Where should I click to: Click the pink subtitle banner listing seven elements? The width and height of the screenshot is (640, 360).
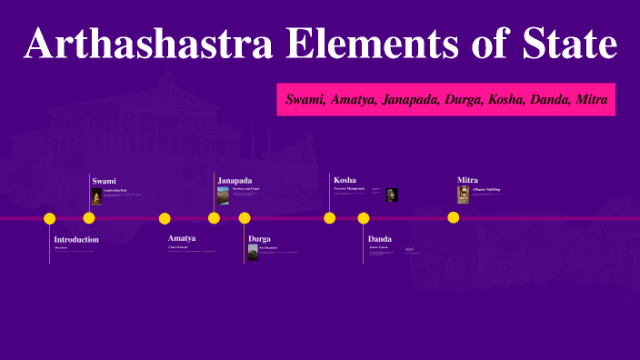tap(446, 98)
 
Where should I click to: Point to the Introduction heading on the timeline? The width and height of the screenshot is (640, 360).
tap(76, 239)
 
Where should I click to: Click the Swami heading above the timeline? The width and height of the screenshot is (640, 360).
tap(104, 181)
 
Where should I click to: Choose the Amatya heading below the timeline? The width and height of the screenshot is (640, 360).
tap(182, 238)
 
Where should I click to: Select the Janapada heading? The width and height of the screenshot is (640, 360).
tap(235, 180)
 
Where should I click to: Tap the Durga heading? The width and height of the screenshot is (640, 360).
tap(259, 238)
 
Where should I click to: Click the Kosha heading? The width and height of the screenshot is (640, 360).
tap(345, 180)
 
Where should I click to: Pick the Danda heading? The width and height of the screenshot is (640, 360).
tap(380, 238)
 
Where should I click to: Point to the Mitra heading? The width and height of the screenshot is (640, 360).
tap(467, 180)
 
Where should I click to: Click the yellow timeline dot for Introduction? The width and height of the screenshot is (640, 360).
tap(50, 218)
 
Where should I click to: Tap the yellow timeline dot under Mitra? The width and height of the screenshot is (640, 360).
tap(453, 217)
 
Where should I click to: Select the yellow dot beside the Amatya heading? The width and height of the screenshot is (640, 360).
tap(165, 218)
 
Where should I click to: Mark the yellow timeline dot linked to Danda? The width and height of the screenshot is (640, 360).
tap(364, 218)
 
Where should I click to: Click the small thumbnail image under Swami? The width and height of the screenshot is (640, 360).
tap(96, 195)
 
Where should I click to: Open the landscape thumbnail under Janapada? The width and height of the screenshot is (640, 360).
tap(223, 195)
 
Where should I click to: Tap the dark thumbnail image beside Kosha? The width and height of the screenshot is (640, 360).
tap(391, 194)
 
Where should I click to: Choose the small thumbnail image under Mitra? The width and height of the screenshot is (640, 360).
tap(463, 194)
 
